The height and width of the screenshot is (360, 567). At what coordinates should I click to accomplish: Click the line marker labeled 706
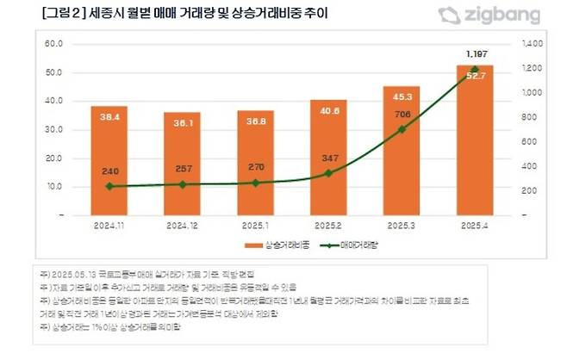click(x=402, y=129)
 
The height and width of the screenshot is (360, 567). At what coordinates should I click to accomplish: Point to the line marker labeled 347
click(x=328, y=173)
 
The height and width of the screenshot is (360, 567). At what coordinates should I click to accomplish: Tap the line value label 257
click(x=183, y=169)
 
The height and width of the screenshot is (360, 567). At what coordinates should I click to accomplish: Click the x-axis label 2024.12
click(x=183, y=225)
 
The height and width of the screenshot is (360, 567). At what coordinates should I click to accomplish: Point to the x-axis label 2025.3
click(x=402, y=225)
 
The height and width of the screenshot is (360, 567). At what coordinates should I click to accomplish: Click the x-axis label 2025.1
click(x=255, y=225)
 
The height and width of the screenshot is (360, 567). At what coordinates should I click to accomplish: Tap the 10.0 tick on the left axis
click(x=55, y=186)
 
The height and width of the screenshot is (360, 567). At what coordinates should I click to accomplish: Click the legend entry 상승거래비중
click(x=251, y=245)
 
